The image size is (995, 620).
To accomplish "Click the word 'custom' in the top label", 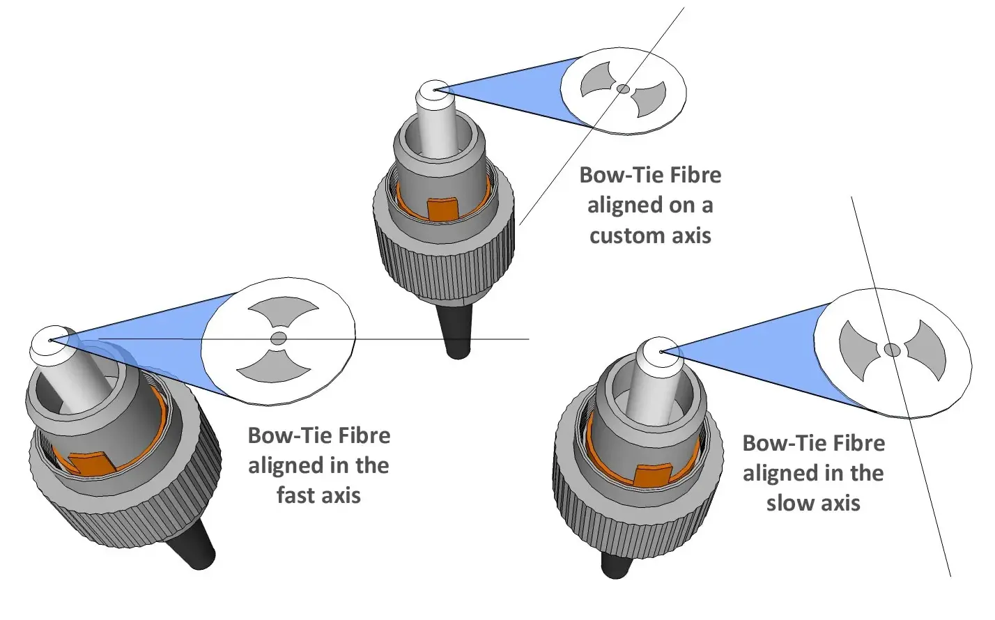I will (x=617, y=235).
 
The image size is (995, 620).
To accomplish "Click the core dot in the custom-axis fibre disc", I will (x=624, y=88).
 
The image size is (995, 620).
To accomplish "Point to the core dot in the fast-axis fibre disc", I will (x=279, y=339).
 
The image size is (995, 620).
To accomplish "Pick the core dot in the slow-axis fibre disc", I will (x=892, y=350).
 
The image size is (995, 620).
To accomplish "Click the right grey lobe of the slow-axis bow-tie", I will (x=927, y=350).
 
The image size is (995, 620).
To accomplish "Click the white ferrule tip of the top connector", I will (x=434, y=91).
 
